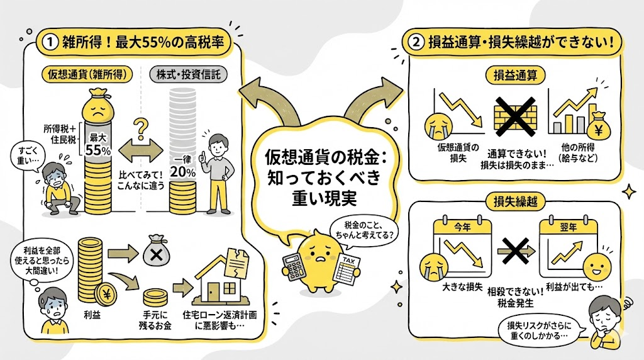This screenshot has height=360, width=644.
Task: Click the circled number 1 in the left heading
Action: point(49,43)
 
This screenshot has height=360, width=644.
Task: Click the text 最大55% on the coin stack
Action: point(99,145)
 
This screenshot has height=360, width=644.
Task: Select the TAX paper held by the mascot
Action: point(346,267)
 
